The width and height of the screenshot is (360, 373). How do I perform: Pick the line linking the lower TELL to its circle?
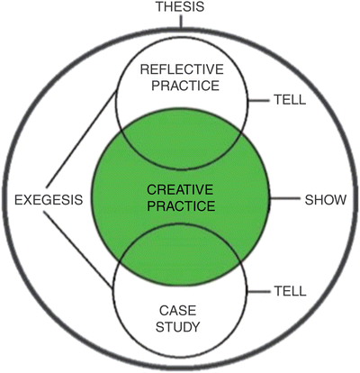pyautogui.click(x=258, y=290)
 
